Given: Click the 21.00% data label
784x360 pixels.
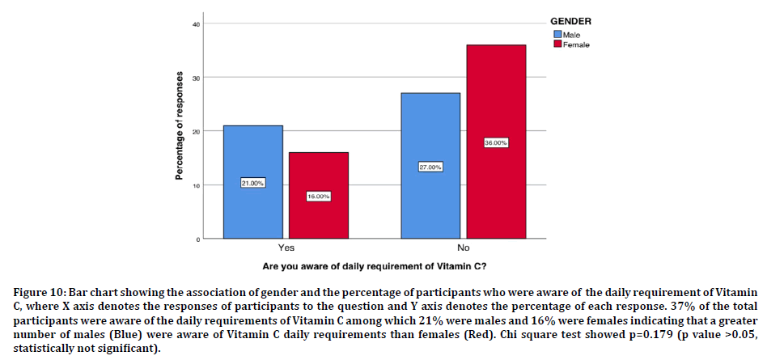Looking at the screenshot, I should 253,184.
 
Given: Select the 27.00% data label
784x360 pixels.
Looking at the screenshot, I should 430,167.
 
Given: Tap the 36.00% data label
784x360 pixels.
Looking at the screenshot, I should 496,142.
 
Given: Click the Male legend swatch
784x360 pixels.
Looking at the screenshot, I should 557,34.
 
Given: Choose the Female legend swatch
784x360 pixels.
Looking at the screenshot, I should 557,44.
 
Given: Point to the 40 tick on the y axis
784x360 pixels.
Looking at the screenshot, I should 195,24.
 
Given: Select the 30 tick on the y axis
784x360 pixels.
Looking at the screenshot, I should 195,78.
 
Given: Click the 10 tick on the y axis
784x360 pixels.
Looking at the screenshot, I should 195,185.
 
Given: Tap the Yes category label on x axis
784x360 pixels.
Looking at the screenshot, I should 286,248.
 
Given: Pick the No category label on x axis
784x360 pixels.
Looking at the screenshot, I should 463,248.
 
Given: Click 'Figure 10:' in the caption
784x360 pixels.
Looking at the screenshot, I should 39,292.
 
